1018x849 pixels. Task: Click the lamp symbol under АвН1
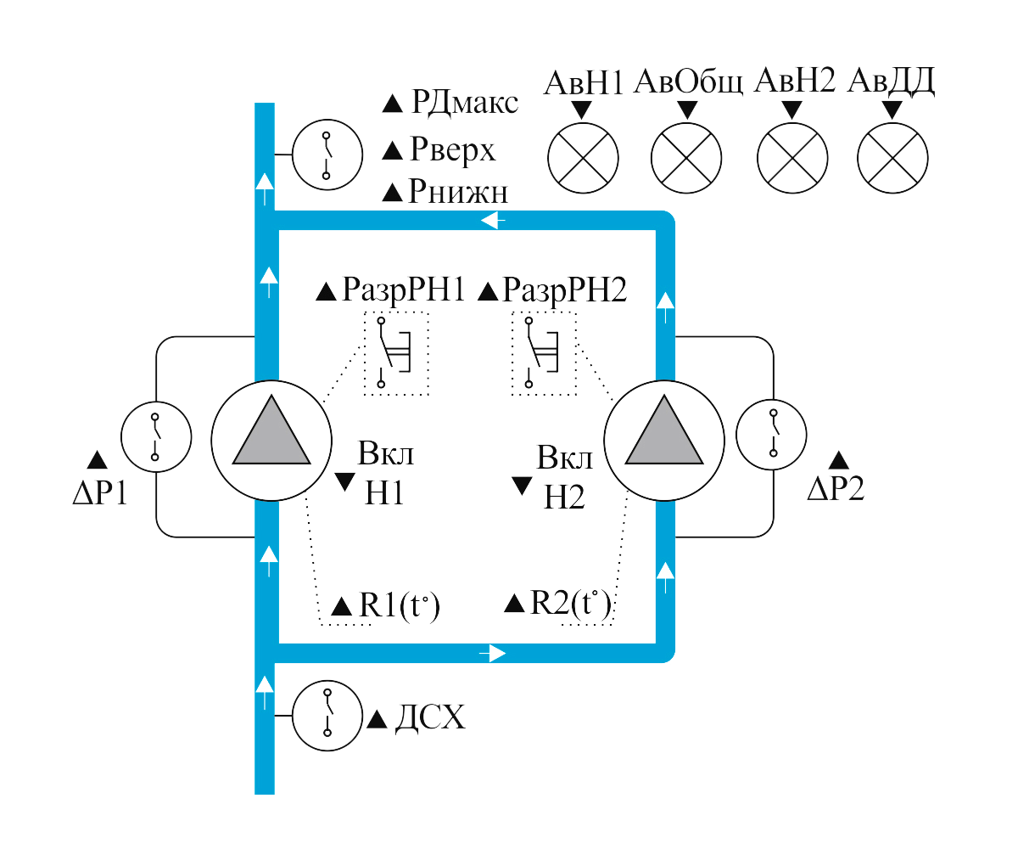583,157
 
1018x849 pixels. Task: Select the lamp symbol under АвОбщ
686,158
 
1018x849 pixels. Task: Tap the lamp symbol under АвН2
791,158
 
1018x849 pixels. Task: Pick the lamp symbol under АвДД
892,158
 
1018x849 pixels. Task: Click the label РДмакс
463,104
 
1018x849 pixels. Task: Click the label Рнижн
458,192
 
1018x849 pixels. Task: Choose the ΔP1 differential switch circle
154,436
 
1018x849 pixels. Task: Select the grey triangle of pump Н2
664,435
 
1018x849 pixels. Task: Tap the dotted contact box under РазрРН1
396,353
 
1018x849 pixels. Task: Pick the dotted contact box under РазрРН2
544,353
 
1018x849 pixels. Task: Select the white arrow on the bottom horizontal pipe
494,653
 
